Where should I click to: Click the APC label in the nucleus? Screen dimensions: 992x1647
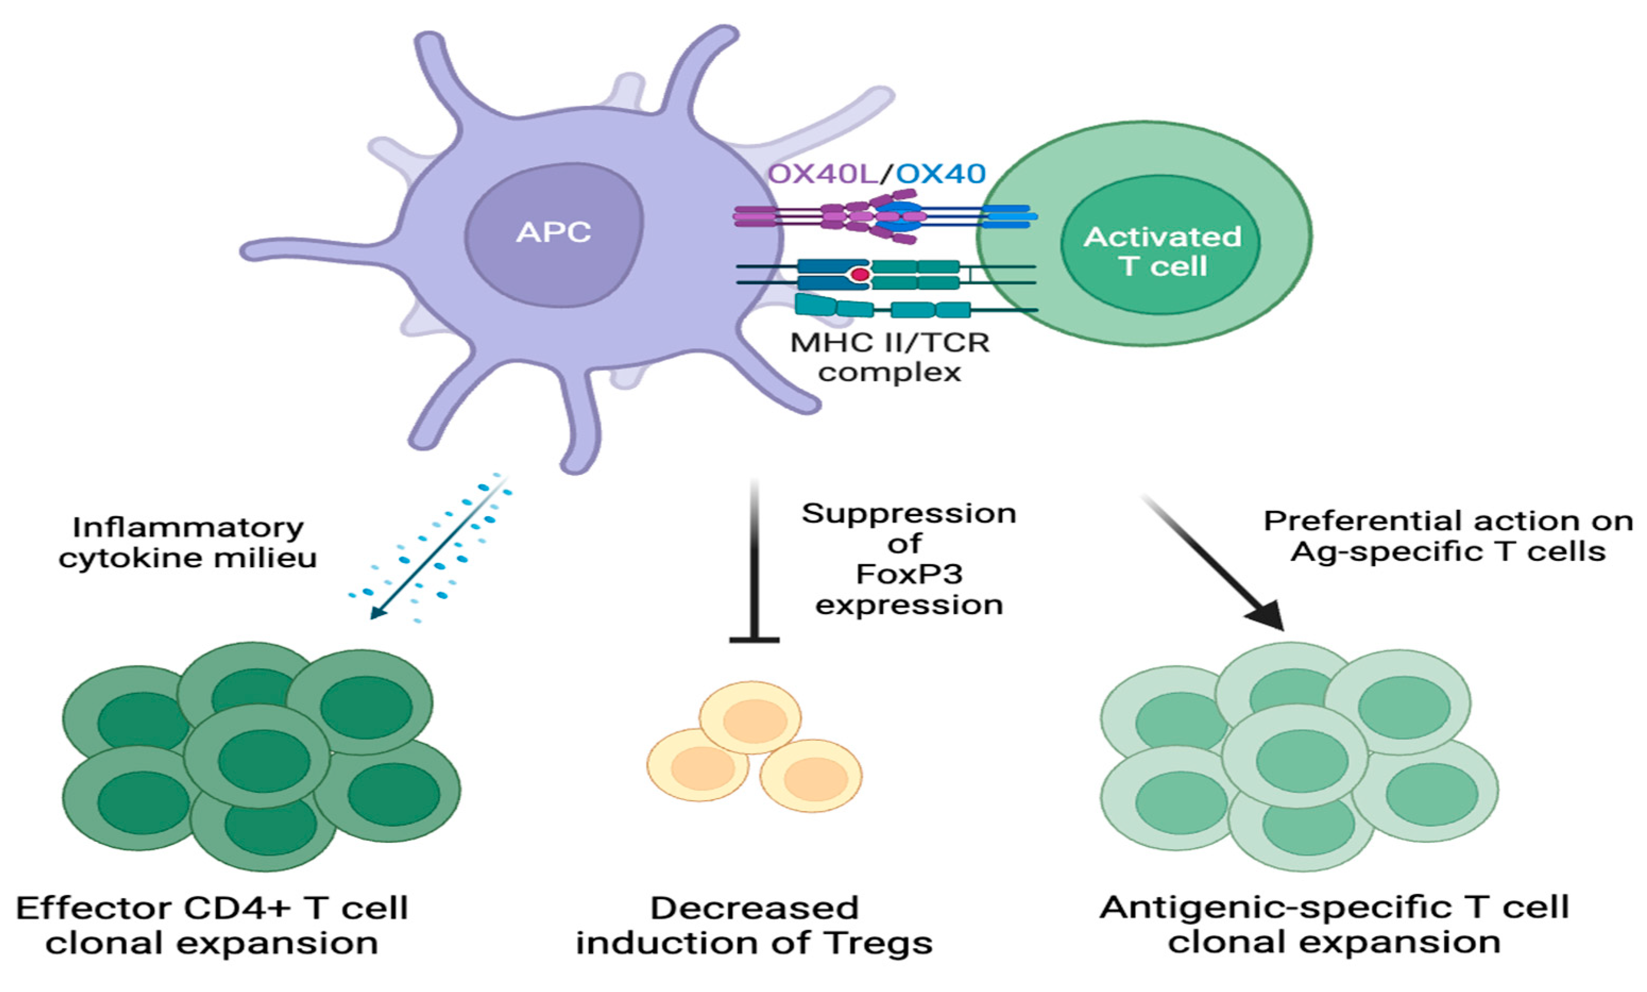point(553,233)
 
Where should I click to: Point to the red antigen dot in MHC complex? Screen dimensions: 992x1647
point(860,275)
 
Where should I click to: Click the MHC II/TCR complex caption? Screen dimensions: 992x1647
point(890,357)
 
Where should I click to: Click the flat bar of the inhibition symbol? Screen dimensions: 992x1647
point(754,640)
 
